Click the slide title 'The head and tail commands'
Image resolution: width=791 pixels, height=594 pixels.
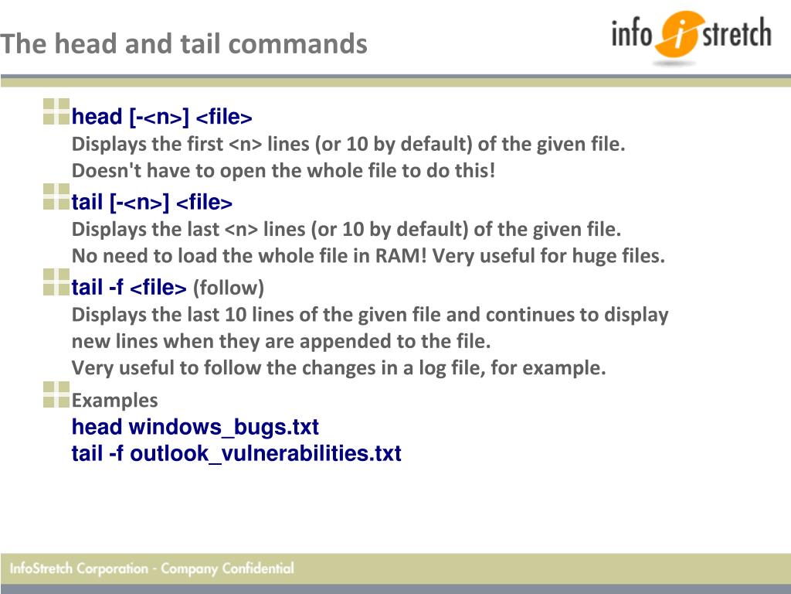coord(184,43)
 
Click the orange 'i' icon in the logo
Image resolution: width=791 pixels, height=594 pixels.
coord(677,36)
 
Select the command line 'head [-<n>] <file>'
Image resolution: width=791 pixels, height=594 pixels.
coord(161,118)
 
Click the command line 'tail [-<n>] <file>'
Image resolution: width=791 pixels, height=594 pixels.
coord(151,203)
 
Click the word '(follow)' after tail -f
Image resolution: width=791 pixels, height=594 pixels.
coord(229,288)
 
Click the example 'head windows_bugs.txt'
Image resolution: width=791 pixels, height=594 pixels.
coord(195,427)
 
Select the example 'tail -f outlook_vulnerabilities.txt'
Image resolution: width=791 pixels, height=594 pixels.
coord(236,453)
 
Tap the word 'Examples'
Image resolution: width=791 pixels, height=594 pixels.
coord(114,401)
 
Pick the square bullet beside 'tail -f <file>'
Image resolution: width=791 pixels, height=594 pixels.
coord(56,282)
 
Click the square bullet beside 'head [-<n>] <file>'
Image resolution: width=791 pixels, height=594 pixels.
coord(56,111)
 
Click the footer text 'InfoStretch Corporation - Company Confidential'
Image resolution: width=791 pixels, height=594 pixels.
coord(152,568)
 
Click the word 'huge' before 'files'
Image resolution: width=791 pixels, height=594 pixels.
coord(592,256)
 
